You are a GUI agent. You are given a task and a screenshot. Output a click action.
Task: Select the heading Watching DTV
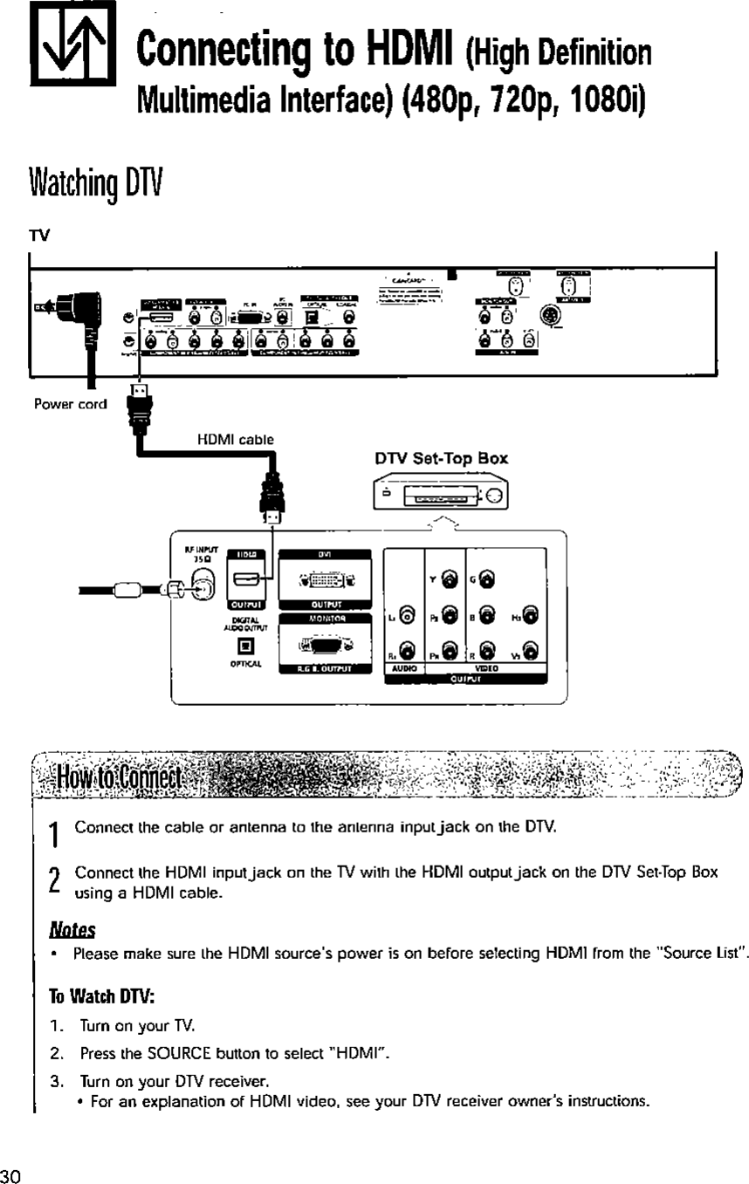pyautogui.click(x=82, y=185)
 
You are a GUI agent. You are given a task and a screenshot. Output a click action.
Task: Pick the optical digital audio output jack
pyautogui.click(x=245, y=647)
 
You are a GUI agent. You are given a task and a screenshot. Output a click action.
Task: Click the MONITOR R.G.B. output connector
pyautogui.click(x=326, y=647)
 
